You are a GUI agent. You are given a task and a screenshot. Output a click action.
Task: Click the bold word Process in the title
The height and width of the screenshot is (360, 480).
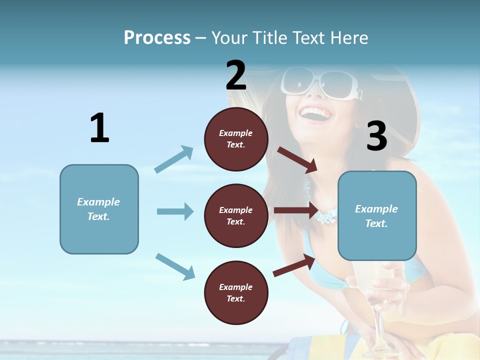[x=157, y=37]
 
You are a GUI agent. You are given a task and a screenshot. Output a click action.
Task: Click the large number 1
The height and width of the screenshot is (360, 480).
[x=99, y=128]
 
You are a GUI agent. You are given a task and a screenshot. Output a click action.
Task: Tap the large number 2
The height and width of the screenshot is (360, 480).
[x=236, y=75]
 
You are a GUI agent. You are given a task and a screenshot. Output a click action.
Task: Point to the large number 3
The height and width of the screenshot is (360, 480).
[x=377, y=136]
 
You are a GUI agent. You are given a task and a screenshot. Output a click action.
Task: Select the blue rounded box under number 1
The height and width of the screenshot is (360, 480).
[x=99, y=209]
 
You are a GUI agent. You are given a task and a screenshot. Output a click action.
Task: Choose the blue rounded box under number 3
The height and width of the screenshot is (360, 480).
[x=377, y=215]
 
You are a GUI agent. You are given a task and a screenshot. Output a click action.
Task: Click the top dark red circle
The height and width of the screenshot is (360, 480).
[x=236, y=139]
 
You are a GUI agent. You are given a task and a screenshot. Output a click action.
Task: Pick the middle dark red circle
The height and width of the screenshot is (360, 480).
[x=236, y=215]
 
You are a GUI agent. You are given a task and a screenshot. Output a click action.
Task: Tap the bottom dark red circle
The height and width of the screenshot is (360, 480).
[x=236, y=292]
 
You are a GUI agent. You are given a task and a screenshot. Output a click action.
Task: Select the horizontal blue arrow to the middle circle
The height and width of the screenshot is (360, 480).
[x=175, y=211]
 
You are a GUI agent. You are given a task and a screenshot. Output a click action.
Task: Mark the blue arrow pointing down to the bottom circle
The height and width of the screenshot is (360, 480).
[x=175, y=266]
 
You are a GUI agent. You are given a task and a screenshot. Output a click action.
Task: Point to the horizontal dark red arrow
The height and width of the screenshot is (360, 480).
[x=295, y=210]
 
